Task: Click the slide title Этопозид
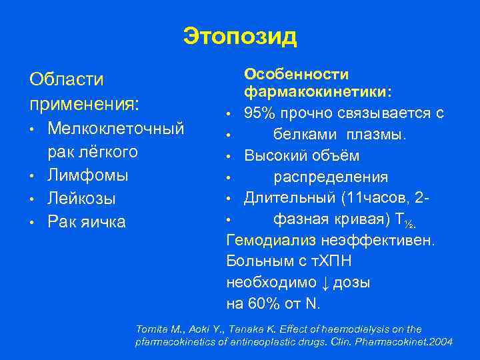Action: click(x=240, y=36)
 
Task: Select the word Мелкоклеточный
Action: click(x=116, y=127)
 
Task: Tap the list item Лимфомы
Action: click(x=87, y=175)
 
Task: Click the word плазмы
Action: click(x=375, y=135)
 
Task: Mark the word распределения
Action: click(x=331, y=177)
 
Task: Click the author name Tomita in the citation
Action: click(x=150, y=329)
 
